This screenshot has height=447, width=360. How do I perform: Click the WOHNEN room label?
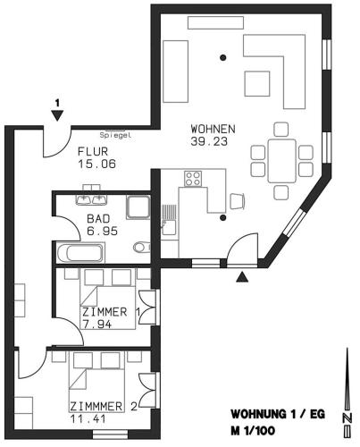pyautogui.click(x=213, y=129)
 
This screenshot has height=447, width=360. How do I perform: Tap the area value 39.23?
pyautogui.click(x=209, y=141)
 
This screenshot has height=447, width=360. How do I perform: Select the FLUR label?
pyautogui.click(x=93, y=151)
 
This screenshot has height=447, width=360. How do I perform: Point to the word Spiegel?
pyautogui.click(x=115, y=135)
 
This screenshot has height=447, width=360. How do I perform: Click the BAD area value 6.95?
pyautogui.click(x=102, y=231)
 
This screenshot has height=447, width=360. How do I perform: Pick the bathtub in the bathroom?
pyautogui.click(x=80, y=253)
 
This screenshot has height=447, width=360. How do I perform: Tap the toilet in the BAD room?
pyautogui.click(x=142, y=247)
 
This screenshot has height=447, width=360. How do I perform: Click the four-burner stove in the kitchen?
pyautogui.click(x=193, y=179)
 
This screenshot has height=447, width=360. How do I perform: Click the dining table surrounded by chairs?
pyautogui.click(x=282, y=161)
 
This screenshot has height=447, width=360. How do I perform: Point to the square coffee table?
pyautogui.click(x=257, y=83)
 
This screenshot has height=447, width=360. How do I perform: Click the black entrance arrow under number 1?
pyautogui.click(x=57, y=115)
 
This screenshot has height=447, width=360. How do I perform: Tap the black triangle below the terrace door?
pyautogui.click(x=242, y=277)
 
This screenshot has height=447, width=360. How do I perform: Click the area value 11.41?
pyautogui.click(x=88, y=419)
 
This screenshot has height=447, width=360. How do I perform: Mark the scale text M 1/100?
pyautogui.click(x=253, y=431)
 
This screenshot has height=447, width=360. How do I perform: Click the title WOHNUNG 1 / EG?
pyautogui.click(x=278, y=414)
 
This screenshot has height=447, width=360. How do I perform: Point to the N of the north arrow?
pyautogui.click(x=347, y=417)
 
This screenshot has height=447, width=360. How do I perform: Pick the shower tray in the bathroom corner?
pyautogui.click(x=138, y=207)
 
